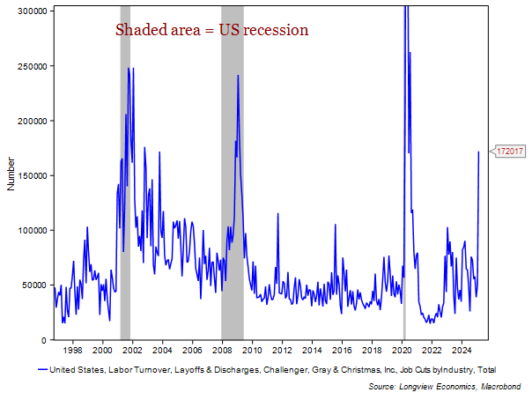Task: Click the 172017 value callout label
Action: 510,152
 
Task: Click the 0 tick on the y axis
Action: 46,340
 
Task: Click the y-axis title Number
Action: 11,174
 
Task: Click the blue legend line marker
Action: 42,370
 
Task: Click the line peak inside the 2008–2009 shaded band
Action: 238,76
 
